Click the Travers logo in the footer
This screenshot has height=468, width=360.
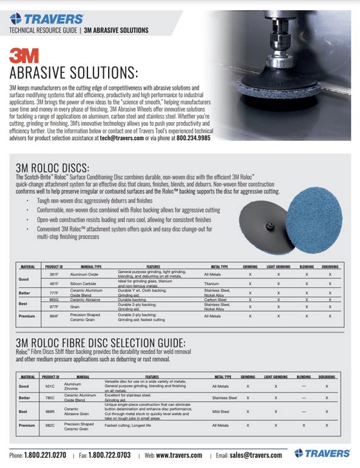coord(322,453)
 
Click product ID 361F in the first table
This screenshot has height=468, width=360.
coord(53,275)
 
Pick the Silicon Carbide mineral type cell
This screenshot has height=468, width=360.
coord(84,283)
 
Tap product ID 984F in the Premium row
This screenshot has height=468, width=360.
coord(53,316)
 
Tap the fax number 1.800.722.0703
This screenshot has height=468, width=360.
coord(109,454)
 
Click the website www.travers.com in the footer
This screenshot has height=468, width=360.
coord(179,454)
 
